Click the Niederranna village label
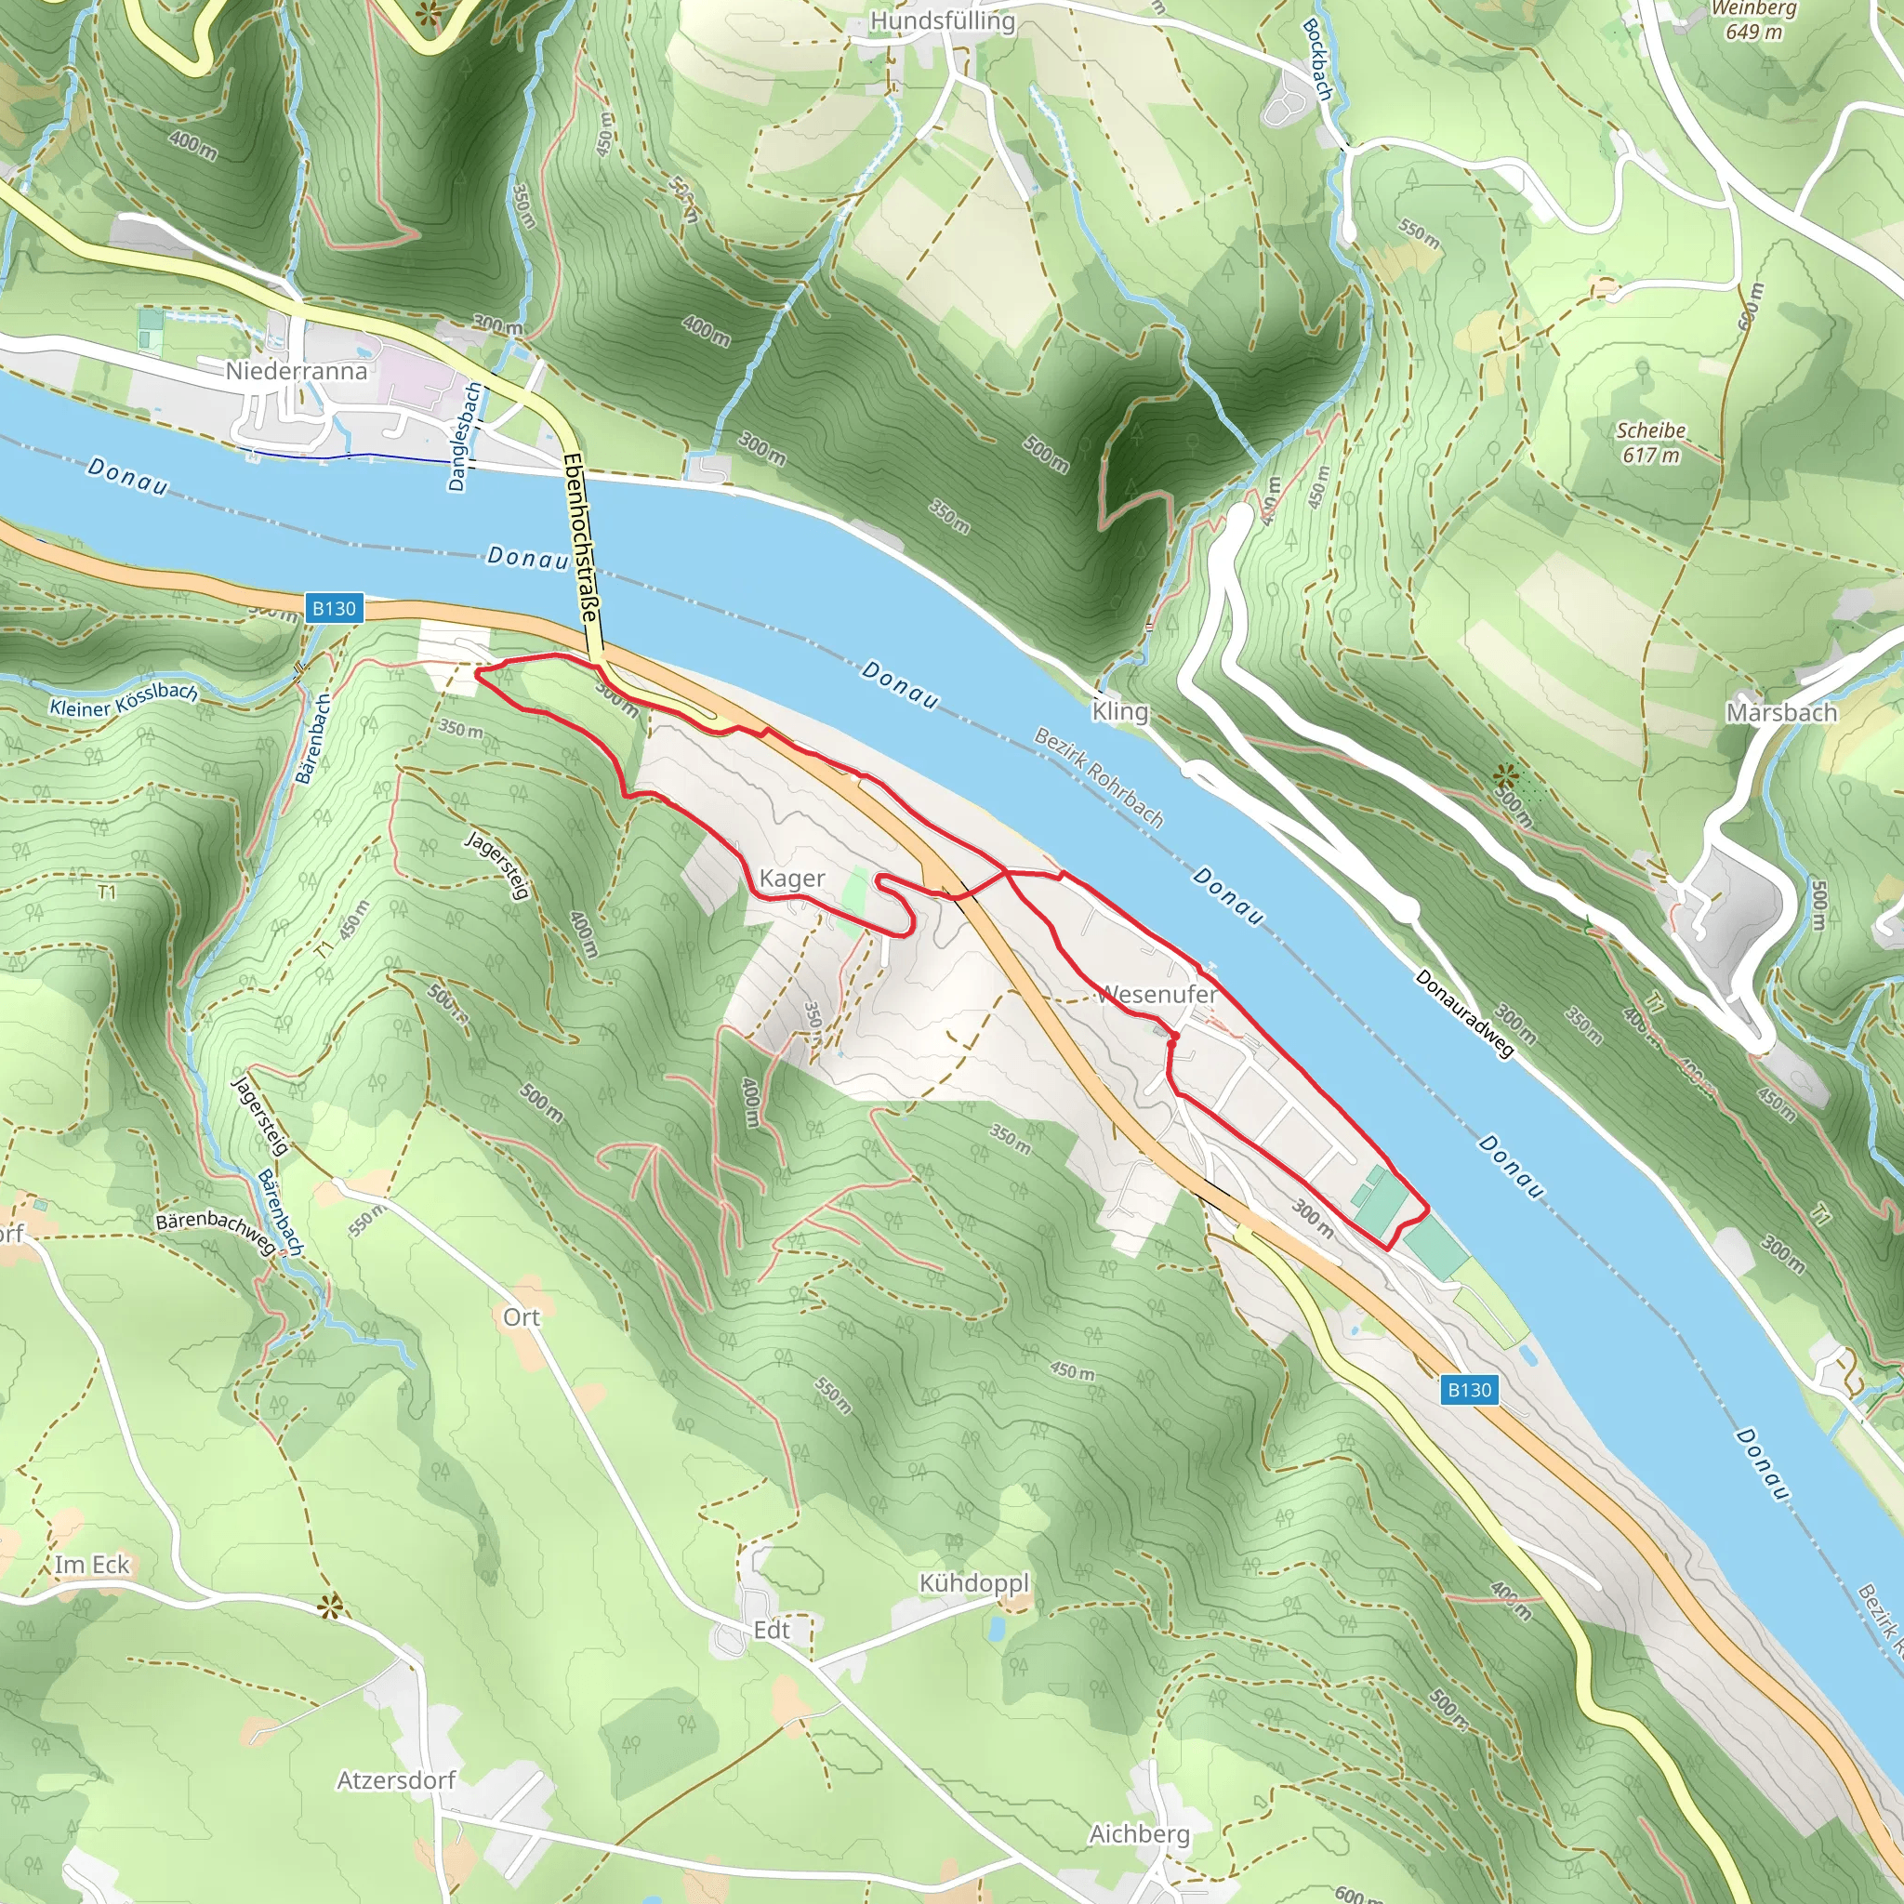[x=296, y=371]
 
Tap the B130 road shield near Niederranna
[x=334, y=608]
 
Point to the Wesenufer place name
[x=1159, y=995]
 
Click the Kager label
[x=791, y=878]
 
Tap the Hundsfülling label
[x=942, y=20]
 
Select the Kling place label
[x=1119, y=710]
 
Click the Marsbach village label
[x=1780, y=711]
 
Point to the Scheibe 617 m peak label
[x=1651, y=443]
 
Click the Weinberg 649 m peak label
[x=1753, y=20]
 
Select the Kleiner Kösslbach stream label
[x=124, y=700]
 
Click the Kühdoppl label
[x=973, y=1582]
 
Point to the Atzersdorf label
[x=396, y=1779]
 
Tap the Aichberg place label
[x=1139, y=1834]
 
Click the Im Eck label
[x=92, y=1564]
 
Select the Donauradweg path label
[x=1463, y=1014]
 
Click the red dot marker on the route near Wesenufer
[x=1174, y=1037]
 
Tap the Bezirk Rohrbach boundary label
[x=1099, y=776]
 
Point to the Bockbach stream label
[x=1317, y=59]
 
